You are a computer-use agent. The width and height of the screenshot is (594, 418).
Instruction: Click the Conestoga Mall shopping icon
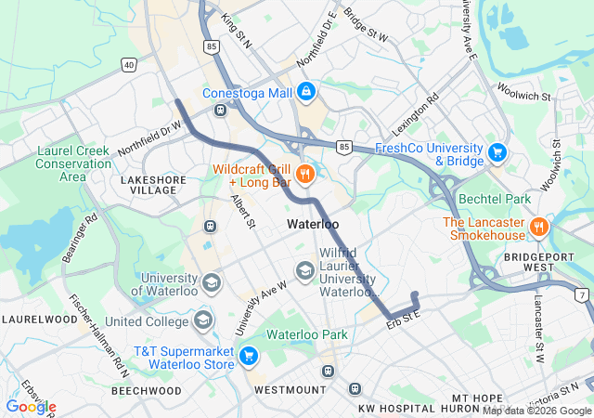pos(307,92)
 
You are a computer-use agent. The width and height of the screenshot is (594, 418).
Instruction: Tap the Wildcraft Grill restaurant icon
pos(303,174)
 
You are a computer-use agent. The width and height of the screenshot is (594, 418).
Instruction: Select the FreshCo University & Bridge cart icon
pos(497,152)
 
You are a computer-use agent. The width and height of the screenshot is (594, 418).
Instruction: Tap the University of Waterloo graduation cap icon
pos(212,282)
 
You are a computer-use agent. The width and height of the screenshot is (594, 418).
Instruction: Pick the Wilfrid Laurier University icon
pos(303,269)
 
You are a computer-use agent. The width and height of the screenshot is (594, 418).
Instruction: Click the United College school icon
pos(203,321)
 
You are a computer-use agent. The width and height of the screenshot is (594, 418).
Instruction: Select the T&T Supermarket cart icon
pos(248,356)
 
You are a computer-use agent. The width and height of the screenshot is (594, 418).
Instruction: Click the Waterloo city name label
pos(313,225)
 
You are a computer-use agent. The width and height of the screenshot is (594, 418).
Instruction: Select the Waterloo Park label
pos(306,334)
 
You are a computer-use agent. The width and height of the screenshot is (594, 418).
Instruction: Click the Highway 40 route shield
pos(128,64)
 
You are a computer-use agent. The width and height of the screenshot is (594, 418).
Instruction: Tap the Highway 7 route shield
pos(580,294)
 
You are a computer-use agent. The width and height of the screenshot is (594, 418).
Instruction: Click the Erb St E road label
pos(404,319)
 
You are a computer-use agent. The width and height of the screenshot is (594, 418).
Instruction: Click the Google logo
pos(31,406)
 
